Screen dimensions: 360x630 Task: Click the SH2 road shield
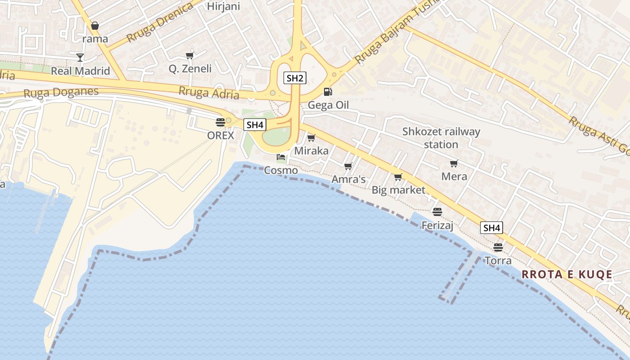click(x=295, y=78)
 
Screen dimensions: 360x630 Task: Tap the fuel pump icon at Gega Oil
click(x=328, y=92)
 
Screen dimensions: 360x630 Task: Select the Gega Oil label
click(x=328, y=105)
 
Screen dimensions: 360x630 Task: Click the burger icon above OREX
click(x=220, y=122)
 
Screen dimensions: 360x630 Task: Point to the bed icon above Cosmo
click(x=281, y=157)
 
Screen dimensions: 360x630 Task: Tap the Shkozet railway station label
click(x=441, y=138)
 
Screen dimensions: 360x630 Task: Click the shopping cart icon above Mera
click(x=454, y=163)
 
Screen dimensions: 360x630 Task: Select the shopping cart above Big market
click(x=398, y=177)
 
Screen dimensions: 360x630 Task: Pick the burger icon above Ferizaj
click(x=437, y=211)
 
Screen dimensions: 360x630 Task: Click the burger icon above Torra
click(x=498, y=247)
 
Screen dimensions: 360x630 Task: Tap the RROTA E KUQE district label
click(x=567, y=274)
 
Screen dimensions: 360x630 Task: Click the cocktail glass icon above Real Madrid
click(x=80, y=57)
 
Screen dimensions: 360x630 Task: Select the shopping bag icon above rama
click(x=95, y=26)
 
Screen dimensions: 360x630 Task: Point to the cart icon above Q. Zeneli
click(x=189, y=56)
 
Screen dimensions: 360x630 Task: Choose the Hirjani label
click(x=223, y=6)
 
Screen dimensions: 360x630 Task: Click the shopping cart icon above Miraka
click(x=311, y=138)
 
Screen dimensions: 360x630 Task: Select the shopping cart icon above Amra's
click(x=348, y=166)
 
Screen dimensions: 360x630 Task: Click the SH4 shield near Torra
click(x=491, y=228)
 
